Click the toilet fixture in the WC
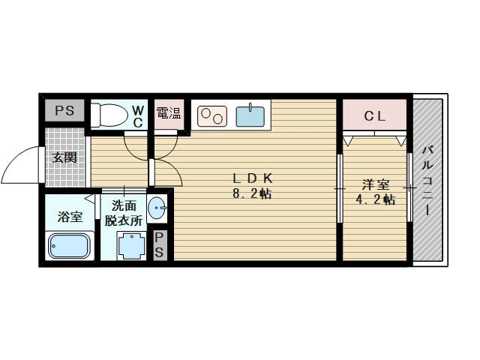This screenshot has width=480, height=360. pos(109,115)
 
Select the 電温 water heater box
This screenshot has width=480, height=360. pos(169,113)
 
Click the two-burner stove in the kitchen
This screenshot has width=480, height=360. pos(212,116)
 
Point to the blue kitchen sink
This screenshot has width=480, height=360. pos(250,116)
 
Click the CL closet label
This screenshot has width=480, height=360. pos(375,116)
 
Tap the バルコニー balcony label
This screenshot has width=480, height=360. pos(427,181)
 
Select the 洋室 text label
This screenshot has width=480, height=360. pos(376,185)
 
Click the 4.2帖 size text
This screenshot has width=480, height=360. pos(375,199)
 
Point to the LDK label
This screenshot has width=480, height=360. pos(253,178)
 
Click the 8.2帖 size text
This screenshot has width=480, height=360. pos(252,193)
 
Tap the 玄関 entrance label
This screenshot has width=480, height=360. pos(64,158)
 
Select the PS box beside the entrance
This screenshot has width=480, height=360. pos(64,110)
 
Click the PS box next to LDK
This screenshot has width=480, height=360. pos(160,245)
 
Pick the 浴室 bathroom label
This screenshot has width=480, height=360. pos(70,217)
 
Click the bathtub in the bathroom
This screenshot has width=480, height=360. pos(70,246)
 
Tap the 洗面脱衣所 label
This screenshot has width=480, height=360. pos(124,213)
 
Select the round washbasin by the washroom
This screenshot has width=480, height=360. pos(157,208)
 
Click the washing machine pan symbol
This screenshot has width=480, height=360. pos(131,247)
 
